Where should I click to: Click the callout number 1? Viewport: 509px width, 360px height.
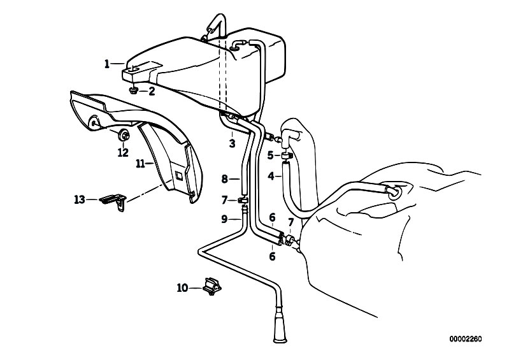pos(107,64)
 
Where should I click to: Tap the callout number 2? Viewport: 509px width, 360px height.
pos(152,91)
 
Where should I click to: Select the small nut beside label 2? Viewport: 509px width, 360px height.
pos(133,91)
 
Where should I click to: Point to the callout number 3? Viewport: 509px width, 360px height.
pos(232,143)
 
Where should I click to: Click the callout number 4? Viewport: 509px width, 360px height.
pos(271,176)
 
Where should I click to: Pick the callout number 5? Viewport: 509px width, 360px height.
pos(270,155)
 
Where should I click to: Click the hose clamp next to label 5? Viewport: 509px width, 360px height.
pos(287,157)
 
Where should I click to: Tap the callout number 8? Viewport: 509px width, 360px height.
pos(225,179)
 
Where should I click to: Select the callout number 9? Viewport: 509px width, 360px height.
pos(224,219)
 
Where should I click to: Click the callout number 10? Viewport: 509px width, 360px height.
pos(182,287)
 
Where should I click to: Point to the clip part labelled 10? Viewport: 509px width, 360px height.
pos(212,286)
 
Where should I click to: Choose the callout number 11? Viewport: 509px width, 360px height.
pos(140,164)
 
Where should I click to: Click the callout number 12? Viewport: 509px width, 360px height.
pos(123,152)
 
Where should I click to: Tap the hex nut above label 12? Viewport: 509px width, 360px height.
pos(124,135)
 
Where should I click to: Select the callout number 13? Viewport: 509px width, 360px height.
pos(80,199)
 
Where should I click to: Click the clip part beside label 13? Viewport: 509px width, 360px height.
pos(113,201)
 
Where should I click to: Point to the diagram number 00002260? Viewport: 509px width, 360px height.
pos(466,339)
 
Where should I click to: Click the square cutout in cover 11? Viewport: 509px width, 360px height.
pos(179,176)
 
